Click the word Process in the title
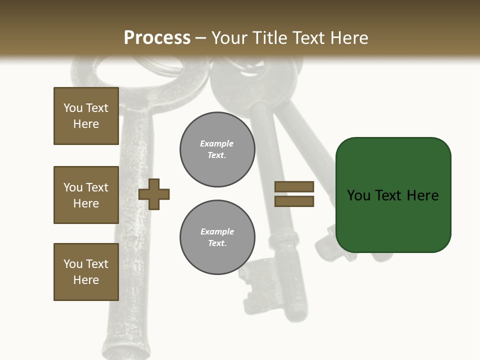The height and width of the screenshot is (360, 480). pos(157,38)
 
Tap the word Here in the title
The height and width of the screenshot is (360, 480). pos(349,38)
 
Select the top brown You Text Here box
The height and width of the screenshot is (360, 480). pos(86,116)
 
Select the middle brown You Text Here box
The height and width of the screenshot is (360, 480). pos(86,195)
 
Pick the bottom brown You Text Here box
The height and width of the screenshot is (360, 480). pos(86,272)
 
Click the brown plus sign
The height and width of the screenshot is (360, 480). pos(154,194)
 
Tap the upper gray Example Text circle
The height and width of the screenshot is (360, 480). pos(217,149)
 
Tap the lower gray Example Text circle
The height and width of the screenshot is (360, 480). pos(217,237)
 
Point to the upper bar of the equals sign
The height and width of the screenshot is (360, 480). pos(294,187)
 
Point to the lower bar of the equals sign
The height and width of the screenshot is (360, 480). pos(294,201)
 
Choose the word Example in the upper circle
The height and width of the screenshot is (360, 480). pos(217,144)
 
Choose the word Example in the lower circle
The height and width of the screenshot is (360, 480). pos(217,232)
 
